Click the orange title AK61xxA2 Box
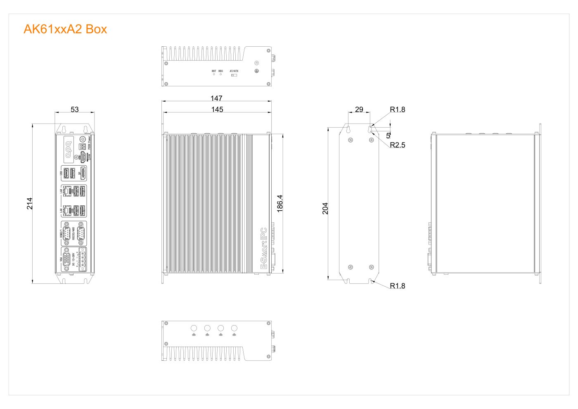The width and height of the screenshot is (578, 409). click(x=65, y=29)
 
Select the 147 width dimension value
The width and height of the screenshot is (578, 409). click(x=216, y=98)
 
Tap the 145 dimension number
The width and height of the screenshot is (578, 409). click(x=217, y=109)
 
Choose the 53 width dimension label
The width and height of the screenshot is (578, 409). click(x=74, y=109)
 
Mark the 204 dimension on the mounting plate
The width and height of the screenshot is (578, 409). click(x=325, y=208)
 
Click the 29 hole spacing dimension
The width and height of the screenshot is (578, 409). click(x=359, y=109)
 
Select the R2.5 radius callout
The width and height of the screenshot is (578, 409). click(x=398, y=145)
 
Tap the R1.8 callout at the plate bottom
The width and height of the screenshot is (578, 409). click(x=398, y=286)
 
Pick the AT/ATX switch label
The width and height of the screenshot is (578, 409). click(x=234, y=71)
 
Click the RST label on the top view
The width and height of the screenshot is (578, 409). click(x=214, y=71)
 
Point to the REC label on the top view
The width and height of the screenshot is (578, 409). click(x=221, y=71)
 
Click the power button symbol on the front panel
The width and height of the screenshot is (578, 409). click(x=82, y=139)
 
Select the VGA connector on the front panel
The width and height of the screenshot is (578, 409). click(x=67, y=259)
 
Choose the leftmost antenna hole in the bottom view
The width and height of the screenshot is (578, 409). click(x=194, y=328)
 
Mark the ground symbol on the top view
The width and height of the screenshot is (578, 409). click(x=256, y=71)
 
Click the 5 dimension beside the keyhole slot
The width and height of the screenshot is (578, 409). click(x=388, y=135)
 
